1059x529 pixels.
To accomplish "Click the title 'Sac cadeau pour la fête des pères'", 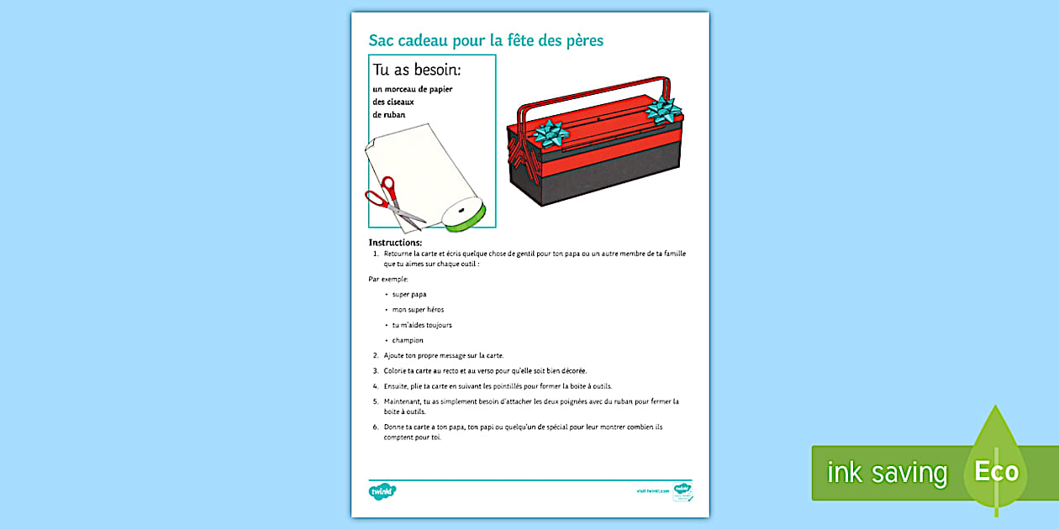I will [x=486, y=40].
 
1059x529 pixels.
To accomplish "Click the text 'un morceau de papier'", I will [x=413, y=89].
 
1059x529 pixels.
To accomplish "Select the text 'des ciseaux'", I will [x=393, y=102].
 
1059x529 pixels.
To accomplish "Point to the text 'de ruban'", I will [x=389, y=114].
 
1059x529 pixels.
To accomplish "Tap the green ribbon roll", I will [x=466, y=214].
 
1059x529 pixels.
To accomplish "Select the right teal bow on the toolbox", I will [x=662, y=109].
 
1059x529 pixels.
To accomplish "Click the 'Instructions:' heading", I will [x=395, y=243].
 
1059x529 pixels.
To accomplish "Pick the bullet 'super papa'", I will [x=409, y=294].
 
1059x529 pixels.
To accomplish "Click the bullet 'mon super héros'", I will [x=418, y=310].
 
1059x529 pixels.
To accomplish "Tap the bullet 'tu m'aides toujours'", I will [x=422, y=325].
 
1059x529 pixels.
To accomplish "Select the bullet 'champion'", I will [x=408, y=340].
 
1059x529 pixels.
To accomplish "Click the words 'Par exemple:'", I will [x=388, y=278].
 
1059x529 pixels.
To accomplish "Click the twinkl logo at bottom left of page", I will [x=382, y=490].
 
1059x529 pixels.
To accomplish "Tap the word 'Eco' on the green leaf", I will [x=997, y=471].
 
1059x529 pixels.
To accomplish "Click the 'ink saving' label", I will [x=887, y=473].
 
